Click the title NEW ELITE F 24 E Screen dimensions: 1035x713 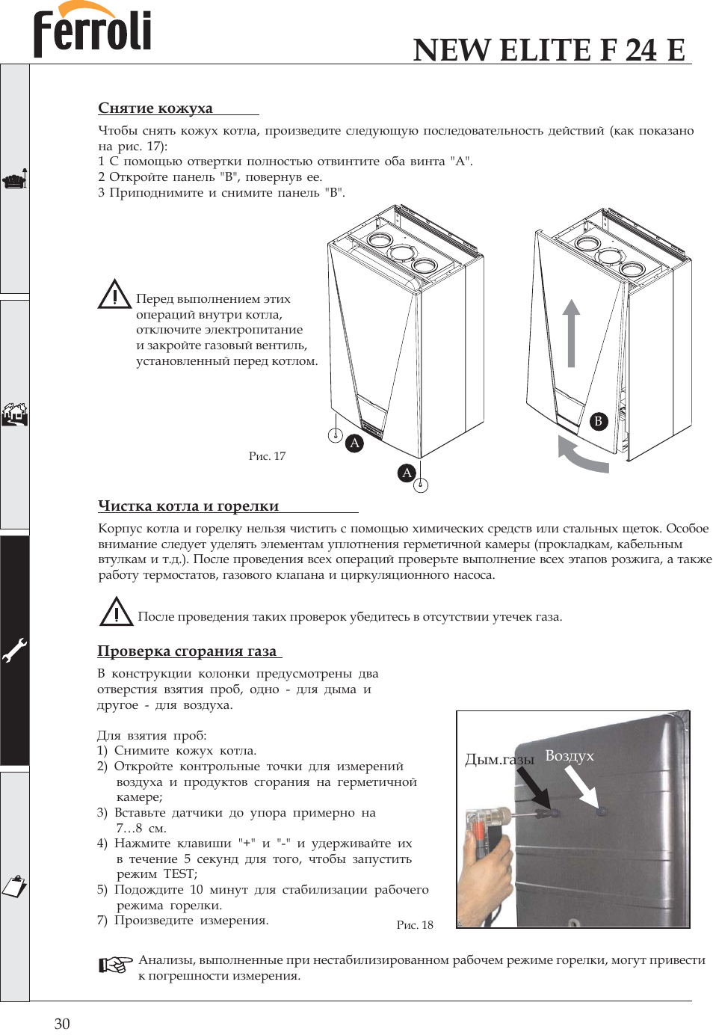point(549,50)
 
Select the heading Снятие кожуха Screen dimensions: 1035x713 point(155,108)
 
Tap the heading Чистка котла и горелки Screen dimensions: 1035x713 point(188,506)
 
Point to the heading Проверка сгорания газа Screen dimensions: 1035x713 point(187,651)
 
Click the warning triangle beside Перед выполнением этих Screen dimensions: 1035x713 point(114,295)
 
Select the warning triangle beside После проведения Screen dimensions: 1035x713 point(116,612)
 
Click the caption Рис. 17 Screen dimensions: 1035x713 point(267,456)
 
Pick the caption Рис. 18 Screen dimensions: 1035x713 point(415,925)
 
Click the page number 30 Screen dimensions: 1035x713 point(62,1024)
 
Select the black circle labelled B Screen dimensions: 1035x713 point(598,421)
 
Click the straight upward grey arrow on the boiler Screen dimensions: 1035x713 point(571,334)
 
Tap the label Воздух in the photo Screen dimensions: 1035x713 point(570,755)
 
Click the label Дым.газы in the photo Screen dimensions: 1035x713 point(499,760)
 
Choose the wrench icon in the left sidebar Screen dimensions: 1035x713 point(14,650)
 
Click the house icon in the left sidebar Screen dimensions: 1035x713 point(14,414)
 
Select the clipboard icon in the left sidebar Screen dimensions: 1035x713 point(14,885)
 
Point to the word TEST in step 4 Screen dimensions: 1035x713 point(179,873)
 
